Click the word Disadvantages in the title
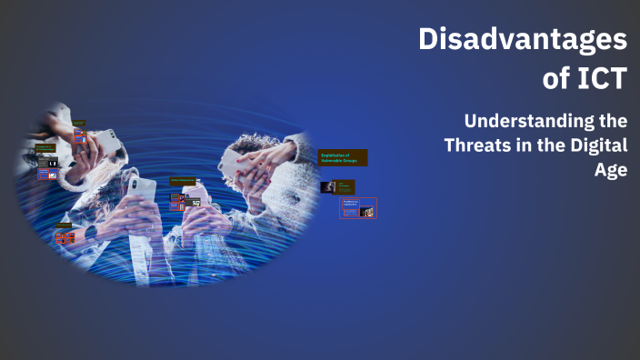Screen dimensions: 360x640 click(523, 41)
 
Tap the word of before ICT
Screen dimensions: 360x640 click(554, 79)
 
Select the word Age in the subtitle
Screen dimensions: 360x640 click(613, 170)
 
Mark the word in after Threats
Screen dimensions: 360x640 click(531, 145)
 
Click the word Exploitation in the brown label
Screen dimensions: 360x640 click(332, 155)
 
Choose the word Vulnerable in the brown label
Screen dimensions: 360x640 click(331, 160)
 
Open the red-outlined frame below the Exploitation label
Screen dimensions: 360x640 click(357, 208)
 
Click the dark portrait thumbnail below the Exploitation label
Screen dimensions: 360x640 click(328, 187)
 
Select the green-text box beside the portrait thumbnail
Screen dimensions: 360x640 click(346, 187)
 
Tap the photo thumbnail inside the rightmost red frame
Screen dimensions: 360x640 click(366, 211)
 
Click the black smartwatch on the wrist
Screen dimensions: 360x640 click(92, 231)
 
